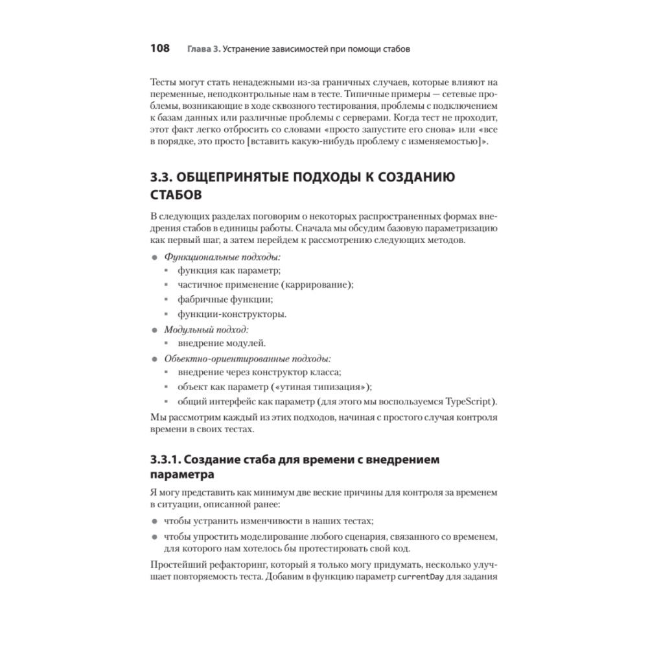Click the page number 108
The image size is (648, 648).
pyautogui.click(x=159, y=49)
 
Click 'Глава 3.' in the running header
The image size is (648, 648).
pyautogui.click(x=201, y=49)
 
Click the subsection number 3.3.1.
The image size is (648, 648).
pyautogui.click(x=165, y=461)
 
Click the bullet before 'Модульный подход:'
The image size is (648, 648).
pyautogui.click(x=154, y=330)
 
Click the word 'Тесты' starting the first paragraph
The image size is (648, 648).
pyautogui.click(x=163, y=84)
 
